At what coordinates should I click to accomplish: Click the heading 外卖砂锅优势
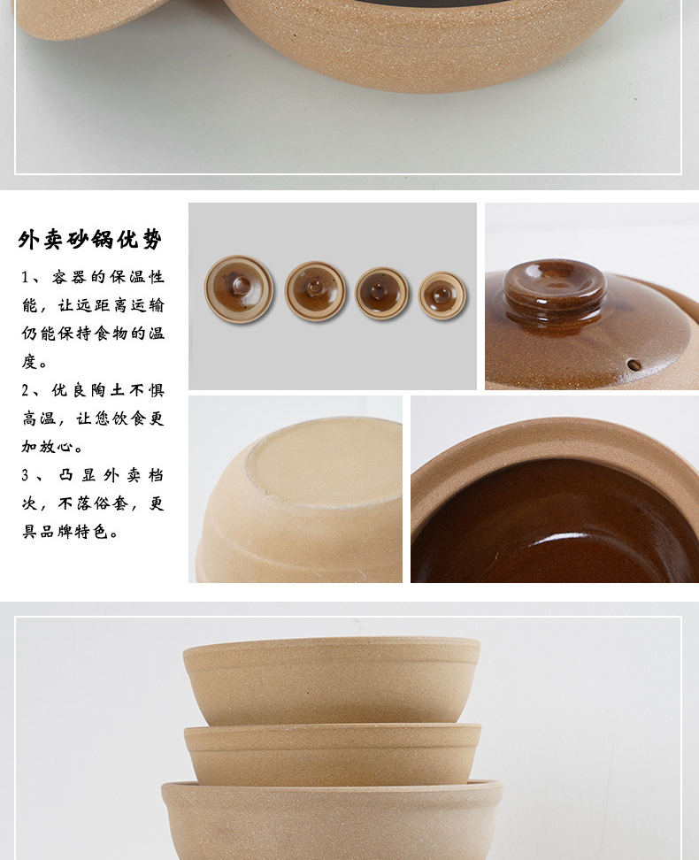(90, 240)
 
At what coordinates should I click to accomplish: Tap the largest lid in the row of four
(239, 288)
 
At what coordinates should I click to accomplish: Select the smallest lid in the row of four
(442, 296)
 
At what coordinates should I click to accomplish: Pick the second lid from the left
(315, 291)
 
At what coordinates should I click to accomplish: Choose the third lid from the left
(381, 293)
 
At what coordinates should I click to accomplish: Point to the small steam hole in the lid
(634, 365)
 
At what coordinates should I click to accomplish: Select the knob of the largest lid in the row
(240, 285)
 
